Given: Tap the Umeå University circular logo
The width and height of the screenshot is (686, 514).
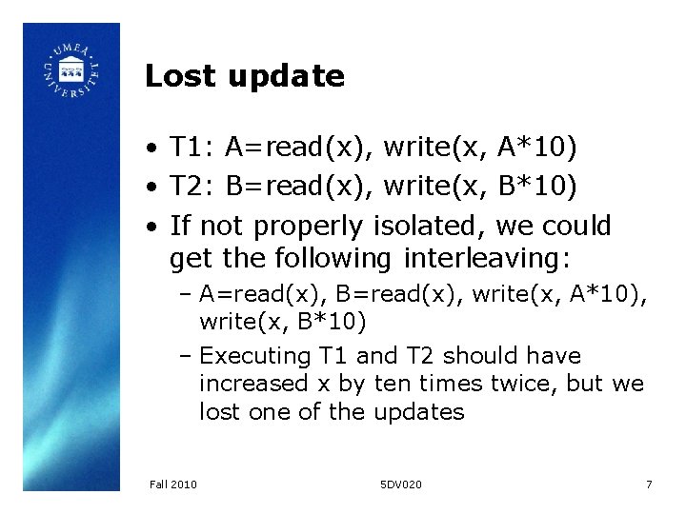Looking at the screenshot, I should point(71,69).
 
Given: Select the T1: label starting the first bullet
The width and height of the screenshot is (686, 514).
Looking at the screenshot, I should point(192,148).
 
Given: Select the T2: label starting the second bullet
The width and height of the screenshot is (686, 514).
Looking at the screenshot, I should point(192,187).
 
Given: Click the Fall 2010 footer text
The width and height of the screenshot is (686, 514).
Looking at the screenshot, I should point(173,484).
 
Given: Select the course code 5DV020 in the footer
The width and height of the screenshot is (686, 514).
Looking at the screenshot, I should point(400,484).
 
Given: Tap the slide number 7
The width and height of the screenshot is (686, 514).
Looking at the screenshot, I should point(649,484).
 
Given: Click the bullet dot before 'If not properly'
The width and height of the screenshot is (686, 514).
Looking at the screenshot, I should point(152,227).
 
